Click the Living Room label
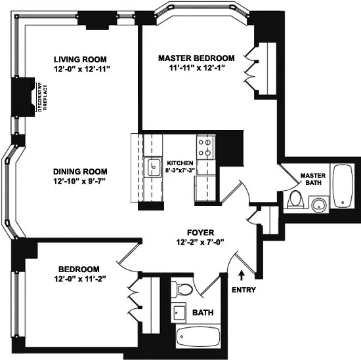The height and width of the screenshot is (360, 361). (x=80, y=59)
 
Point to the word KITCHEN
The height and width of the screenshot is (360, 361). (x=180, y=163)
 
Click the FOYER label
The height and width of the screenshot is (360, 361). (x=200, y=231)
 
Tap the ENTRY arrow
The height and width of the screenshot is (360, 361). (x=242, y=273)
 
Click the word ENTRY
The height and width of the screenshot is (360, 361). (x=243, y=290)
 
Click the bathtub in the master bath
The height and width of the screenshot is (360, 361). (x=343, y=188)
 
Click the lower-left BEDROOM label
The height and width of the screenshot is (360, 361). (x=79, y=270)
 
